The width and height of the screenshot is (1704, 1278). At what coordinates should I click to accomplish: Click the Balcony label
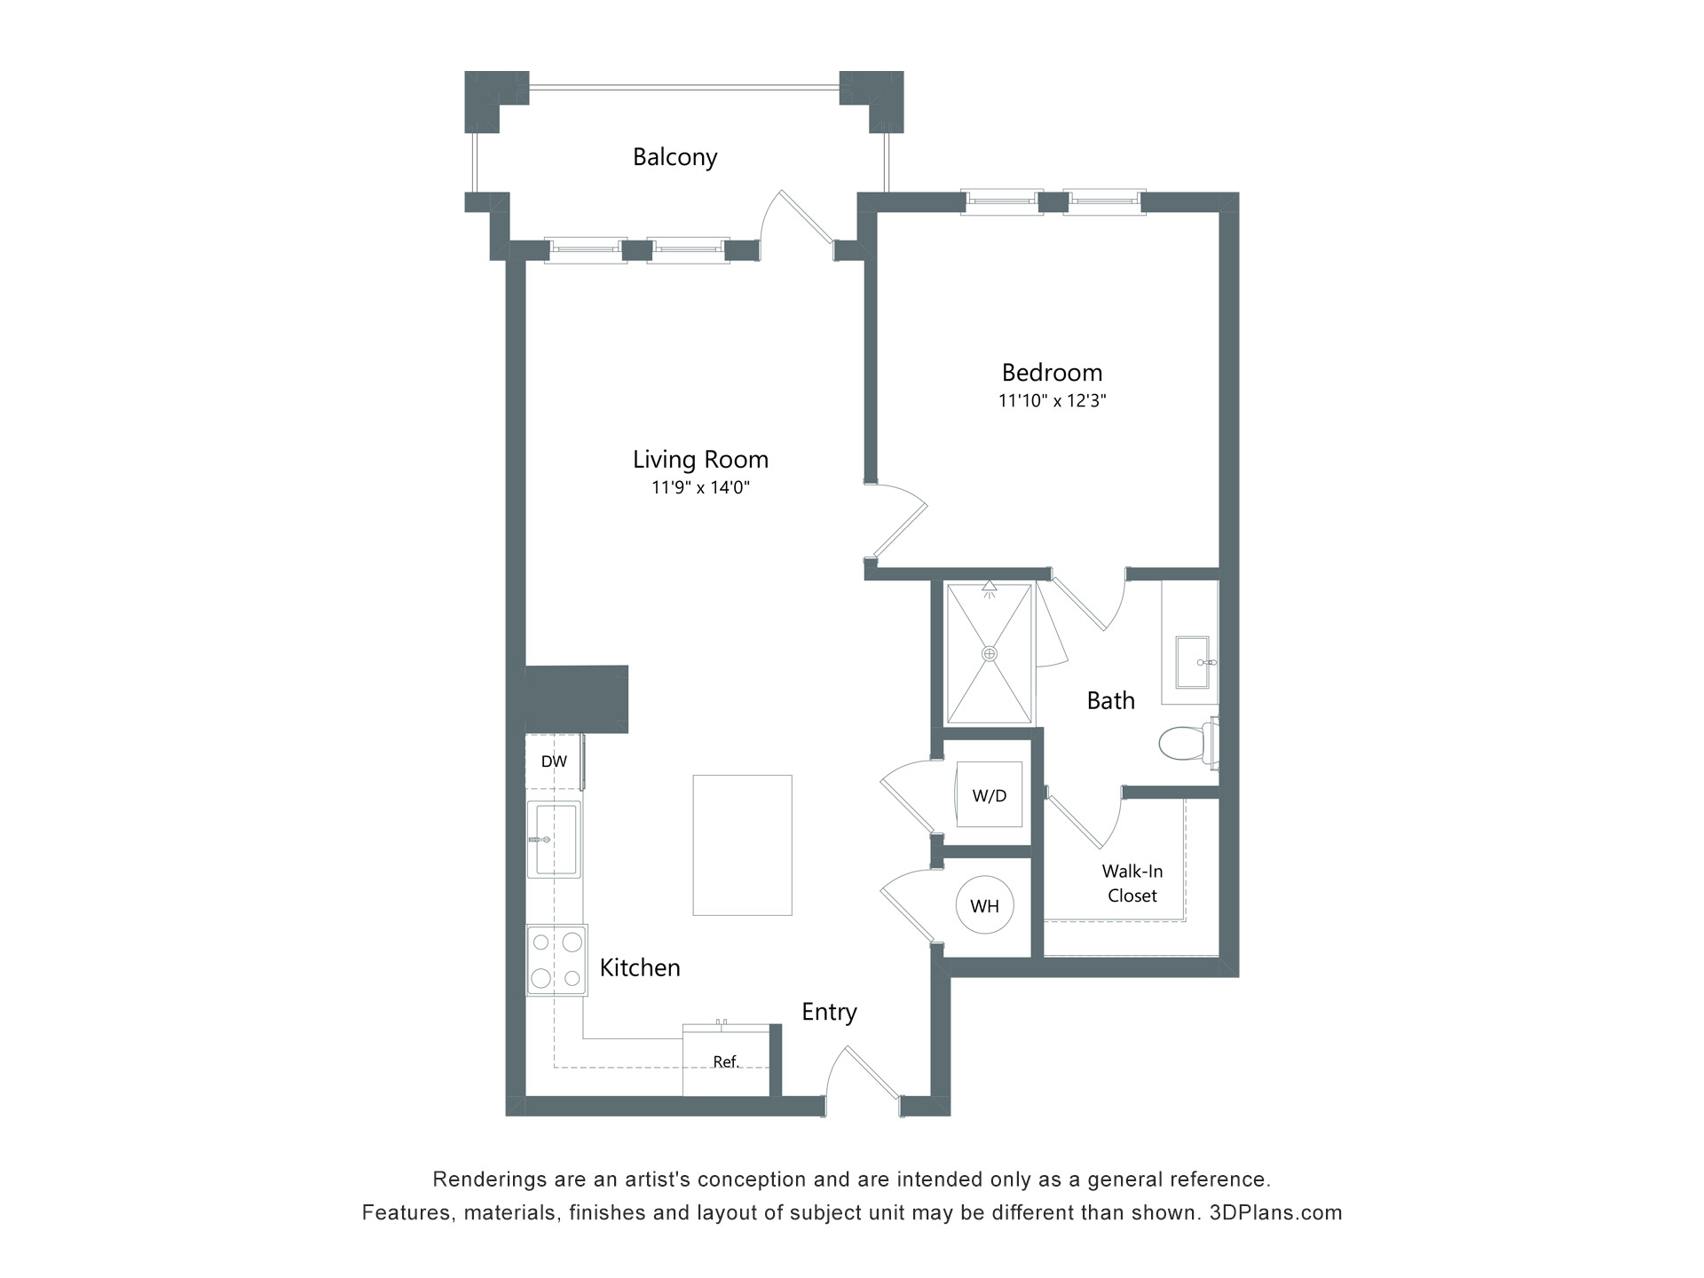[x=674, y=157]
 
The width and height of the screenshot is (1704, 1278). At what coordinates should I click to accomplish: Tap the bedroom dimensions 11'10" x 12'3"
[x=1052, y=400]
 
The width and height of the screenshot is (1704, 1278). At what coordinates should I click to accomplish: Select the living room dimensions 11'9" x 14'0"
[x=700, y=487]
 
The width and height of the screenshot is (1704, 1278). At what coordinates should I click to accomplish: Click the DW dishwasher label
[x=554, y=761]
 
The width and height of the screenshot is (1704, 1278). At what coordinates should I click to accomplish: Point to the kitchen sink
[x=555, y=840]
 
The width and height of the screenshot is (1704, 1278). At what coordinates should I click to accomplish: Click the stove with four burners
[x=556, y=960]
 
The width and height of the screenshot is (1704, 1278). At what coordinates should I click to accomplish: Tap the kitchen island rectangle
[x=742, y=845]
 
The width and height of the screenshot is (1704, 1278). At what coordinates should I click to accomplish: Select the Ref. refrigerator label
[x=726, y=1061]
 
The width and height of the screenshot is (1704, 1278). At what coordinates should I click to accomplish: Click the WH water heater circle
[x=984, y=906]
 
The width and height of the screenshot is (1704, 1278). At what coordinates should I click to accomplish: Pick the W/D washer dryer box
[x=989, y=795]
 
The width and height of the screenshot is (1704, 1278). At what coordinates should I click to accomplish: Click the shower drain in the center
[x=990, y=654]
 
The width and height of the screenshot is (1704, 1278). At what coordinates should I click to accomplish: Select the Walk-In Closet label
[x=1132, y=883]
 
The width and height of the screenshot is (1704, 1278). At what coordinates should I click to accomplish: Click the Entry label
[x=829, y=1012]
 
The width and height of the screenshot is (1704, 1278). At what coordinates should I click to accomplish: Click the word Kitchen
[x=640, y=967]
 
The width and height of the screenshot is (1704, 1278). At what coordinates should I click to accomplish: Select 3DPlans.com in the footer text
[x=1275, y=1212]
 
